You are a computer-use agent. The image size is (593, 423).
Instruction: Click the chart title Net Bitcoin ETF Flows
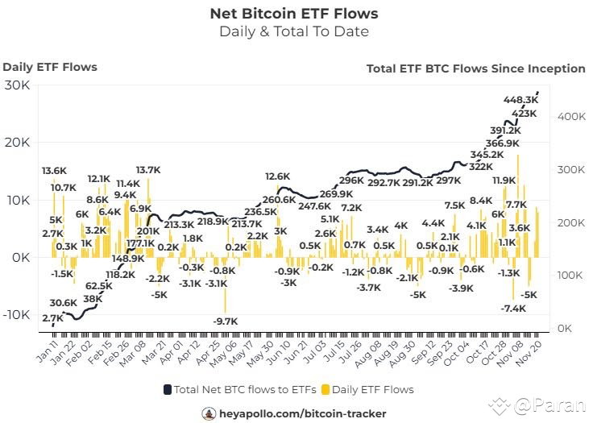point(293,14)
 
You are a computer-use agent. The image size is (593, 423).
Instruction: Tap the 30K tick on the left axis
point(17,85)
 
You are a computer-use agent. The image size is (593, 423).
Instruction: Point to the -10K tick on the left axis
point(15,315)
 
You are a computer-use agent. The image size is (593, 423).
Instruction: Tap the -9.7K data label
point(226,321)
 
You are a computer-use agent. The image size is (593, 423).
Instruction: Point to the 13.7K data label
point(148,170)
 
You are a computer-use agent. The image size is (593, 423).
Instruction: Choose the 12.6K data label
point(278,176)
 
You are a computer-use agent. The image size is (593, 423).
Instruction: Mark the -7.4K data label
point(512,309)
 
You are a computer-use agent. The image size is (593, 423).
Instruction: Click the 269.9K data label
point(336,194)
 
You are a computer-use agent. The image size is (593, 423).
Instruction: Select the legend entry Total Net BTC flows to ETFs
point(235,389)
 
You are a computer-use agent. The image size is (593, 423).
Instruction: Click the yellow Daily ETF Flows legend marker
point(326,389)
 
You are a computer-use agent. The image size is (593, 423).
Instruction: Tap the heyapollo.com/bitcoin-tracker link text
point(305,413)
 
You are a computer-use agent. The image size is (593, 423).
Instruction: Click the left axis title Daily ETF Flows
point(50,67)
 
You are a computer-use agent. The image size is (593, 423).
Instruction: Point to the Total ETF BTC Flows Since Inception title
point(475,68)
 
